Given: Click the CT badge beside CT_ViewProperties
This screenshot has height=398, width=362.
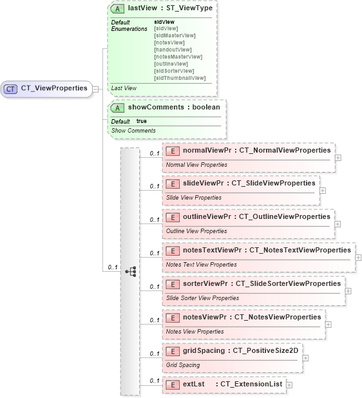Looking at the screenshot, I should [11, 88].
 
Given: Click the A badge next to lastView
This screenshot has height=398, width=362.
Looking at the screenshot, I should [118, 10].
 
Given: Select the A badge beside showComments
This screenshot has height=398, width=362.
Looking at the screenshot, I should [118, 108].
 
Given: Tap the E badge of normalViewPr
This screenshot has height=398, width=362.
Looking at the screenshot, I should [173, 150].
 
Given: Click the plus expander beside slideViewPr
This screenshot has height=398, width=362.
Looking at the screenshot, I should [323, 190].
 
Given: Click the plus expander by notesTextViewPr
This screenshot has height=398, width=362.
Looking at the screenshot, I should [359, 257].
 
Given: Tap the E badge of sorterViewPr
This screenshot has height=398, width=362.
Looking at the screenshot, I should [173, 283].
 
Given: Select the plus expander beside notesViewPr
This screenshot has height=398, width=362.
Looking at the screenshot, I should [329, 324].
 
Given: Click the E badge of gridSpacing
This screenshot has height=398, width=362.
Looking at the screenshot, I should [173, 351].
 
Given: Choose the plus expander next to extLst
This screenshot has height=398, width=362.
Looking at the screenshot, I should [289, 384].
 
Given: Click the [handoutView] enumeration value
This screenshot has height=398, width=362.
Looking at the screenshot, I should [172, 50].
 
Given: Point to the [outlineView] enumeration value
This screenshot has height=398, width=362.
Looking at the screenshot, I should [171, 64].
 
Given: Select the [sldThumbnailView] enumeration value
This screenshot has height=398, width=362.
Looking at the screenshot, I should [180, 78].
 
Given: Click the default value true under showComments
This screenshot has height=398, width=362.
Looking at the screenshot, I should [142, 121].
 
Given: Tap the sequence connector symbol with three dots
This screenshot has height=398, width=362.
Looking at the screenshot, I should [131, 271].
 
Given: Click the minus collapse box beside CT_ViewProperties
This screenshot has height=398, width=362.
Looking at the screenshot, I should [95, 89].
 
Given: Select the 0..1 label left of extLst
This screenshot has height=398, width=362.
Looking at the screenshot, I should [154, 381].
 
